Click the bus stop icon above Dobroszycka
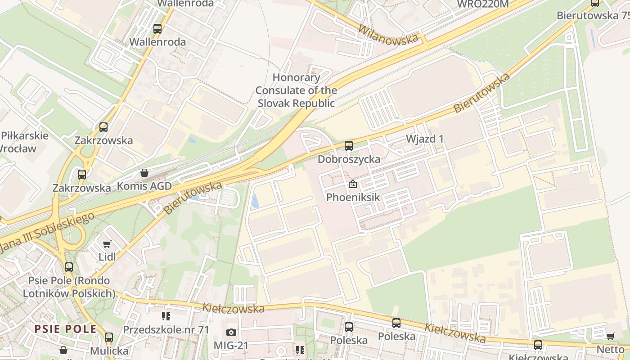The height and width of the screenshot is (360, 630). pyautogui.click(x=349, y=146)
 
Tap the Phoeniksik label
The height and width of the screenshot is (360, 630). pyautogui.click(x=353, y=197)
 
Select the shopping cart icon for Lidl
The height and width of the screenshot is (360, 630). pyautogui.click(x=107, y=244)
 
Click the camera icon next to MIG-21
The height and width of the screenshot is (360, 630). pyautogui.click(x=231, y=333)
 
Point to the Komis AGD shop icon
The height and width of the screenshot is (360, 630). pyautogui.click(x=144, y=173)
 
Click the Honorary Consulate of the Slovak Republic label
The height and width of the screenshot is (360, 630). pyautogui.click(x=296, y=90)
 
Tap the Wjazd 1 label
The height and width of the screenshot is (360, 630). pyautogui.click(x=424, y=139)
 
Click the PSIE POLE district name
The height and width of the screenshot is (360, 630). pyautogui.click(x=66, y=329)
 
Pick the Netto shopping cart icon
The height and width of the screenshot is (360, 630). pyautogui.click(x=611, y=337)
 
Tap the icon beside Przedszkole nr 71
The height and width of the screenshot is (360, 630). pyautogui.click(x=166, y=317)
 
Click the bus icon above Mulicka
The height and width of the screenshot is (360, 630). pyautogui.click(x=109, y=337)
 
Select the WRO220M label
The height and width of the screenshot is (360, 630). pyautogui.click(x=482, y=4)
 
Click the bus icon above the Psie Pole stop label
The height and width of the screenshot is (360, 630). pyautogui.click(x=69, y=267)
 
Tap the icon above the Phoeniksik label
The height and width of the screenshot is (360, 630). pyautogui.click(x=353, y=184)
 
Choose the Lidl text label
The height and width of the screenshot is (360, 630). pyautogui.click(x=107, y=257)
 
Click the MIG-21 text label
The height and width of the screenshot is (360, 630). pyautogui.click(x=231, y=345)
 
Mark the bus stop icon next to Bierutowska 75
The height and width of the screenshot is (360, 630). pyautogui.click(x=595, y=4)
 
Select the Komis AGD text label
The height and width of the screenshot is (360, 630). pyautogui.click(x=144, y=186)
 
